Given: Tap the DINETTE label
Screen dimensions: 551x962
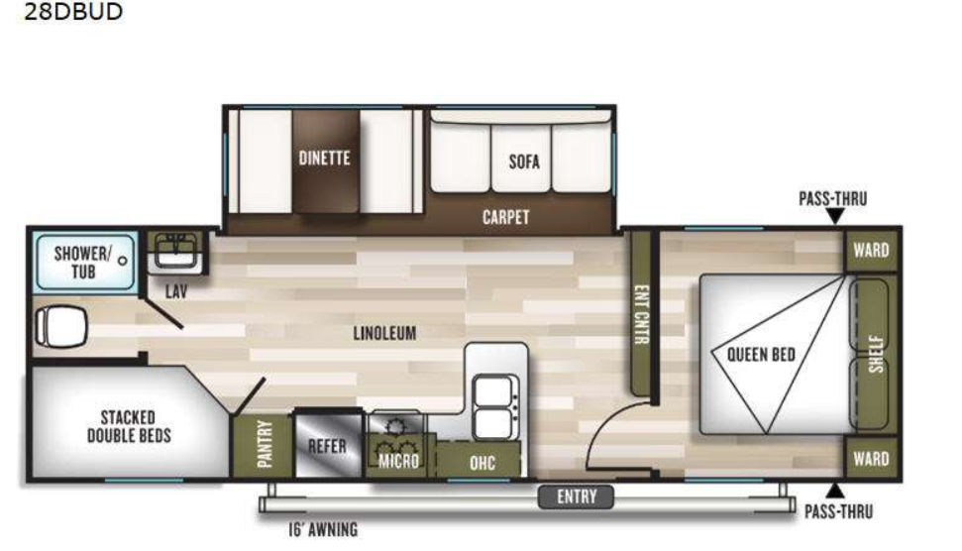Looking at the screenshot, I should point(325,158).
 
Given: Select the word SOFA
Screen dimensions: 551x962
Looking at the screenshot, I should point(524,162).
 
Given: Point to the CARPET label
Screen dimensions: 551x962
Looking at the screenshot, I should point(505,217).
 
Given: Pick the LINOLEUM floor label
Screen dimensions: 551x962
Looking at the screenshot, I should point(384,333).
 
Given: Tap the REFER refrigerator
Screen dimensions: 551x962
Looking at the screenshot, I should point(327,446).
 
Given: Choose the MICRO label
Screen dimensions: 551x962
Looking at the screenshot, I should point(398,462).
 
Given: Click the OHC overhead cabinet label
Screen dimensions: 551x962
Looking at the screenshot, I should point(481,462).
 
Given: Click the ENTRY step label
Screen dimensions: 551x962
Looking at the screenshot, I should point(577,496).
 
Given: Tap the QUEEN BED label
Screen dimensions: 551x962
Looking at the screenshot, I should point(762,355).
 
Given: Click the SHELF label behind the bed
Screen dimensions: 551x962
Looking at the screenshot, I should point(875,354).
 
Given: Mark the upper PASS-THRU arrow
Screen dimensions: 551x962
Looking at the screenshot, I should point(834,216).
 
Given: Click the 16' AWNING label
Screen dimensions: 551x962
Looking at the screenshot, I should point(316,529).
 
